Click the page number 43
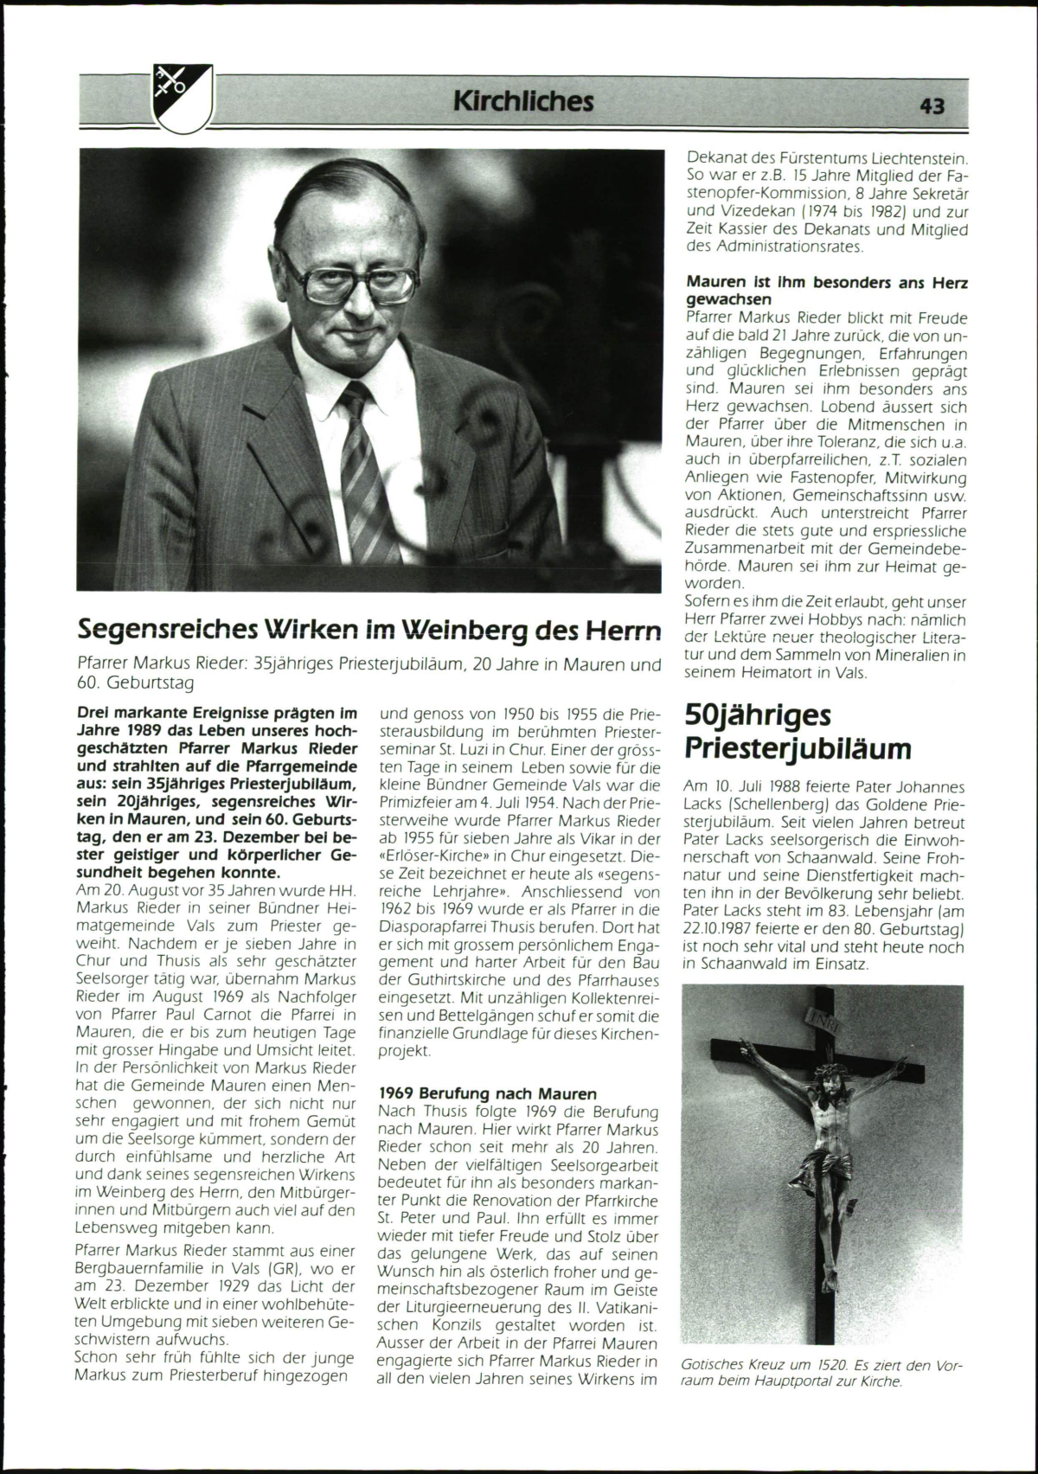click(x=932, y=106)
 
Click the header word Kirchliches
click(x=523, y=102)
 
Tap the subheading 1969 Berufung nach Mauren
click(x=488, y=1093)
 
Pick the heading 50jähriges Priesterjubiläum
click(x=798, y=731)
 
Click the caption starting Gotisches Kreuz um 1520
click(x=822, y=1373)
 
